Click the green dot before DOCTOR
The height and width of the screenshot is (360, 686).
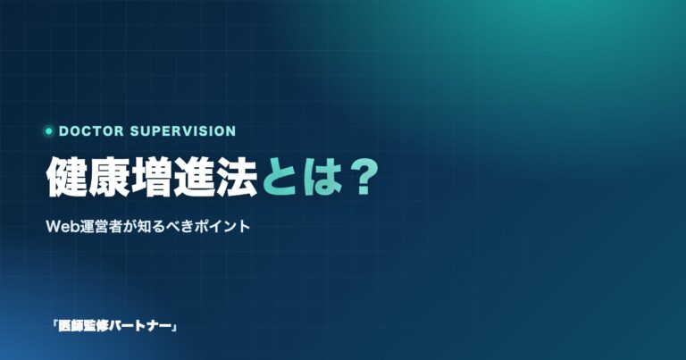pos(48,130)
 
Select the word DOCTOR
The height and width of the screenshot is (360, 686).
pos(91,130)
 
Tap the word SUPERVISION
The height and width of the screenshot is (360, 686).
pos(183,130)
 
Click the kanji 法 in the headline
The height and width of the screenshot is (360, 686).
pos(236,177)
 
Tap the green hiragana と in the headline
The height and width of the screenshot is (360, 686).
pos(280,178)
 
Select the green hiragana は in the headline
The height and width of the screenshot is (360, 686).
pos(320,178)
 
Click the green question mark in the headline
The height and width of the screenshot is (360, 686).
pos(362,177)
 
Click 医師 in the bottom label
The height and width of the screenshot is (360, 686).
pos(71,326)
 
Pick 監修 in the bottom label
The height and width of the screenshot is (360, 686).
pos(96,326)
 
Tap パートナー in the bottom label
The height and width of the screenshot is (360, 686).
pos(140,326)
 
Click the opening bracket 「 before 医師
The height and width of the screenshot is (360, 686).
pos(54,325)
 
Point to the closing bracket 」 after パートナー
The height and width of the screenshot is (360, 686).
pos(174,328)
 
